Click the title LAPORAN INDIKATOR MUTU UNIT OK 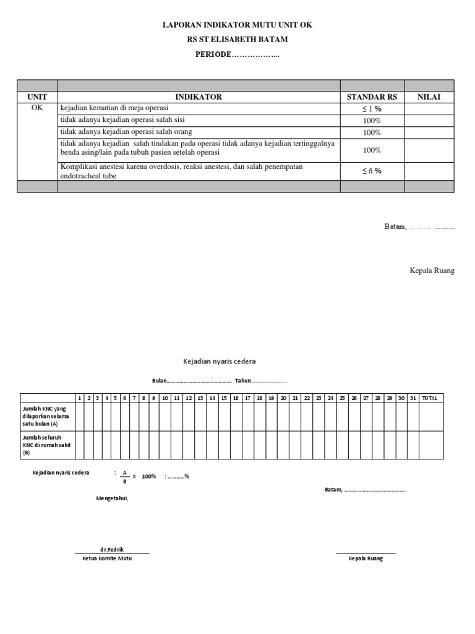[237, 25]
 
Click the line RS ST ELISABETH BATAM [237, 40]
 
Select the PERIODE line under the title [237, 54]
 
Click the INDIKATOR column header [199, 97]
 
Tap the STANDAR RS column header [372, 97]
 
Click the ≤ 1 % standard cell [372, 108]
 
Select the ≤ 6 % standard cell [372, 171]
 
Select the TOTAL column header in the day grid [429, 398]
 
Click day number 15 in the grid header [224, 398]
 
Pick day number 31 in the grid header [413, 398]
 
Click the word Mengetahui [112, 498]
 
